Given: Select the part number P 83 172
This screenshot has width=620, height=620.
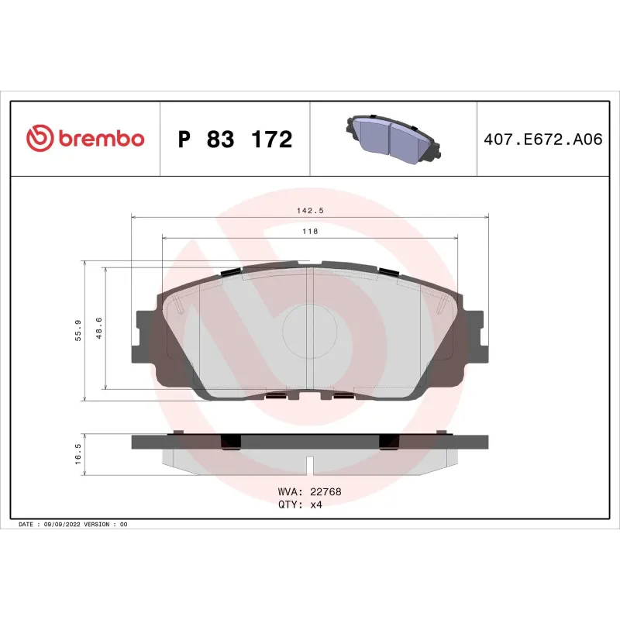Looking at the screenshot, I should pyautogui.click(x=235, y=139).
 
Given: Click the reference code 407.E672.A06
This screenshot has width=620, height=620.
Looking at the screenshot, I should pyautogui.click(x=542, y=139).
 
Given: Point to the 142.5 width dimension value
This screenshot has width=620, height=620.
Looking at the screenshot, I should pyautogui.click(x=310, y=209).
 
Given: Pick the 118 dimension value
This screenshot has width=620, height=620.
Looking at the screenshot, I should pyautogui.click(x=310, y=231).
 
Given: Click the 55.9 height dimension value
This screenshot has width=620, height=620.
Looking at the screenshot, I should pyautogui.click(x=77, y=332).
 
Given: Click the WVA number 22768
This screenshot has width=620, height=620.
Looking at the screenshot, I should pyautogui.click(x=325, y=492).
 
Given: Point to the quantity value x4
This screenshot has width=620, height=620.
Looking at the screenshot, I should pyautogui.click(x=316, y=505).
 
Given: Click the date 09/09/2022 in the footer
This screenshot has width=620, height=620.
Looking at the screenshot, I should pyautogui.click(x=62, y=525).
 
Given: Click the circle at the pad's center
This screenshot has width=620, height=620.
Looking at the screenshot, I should pyautogui.click(x=309, y=330).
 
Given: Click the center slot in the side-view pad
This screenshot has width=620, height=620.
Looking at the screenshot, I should pyautogui.click(x=310, y=467).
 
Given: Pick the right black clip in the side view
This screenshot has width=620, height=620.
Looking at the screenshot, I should pyautogui.click(x=388, y=441).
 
